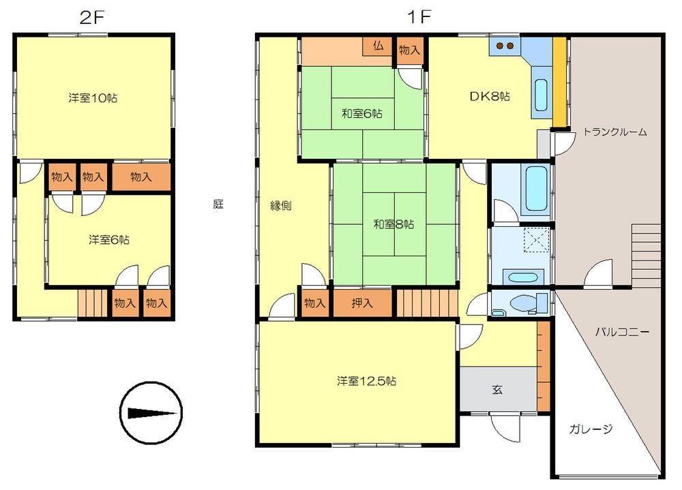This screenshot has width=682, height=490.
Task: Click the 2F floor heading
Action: pos(92,17)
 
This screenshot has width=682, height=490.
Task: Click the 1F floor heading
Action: pos(419,17)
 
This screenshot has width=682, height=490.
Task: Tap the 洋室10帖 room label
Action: pos(93,98)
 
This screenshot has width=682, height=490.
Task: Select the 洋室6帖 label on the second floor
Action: pos(108,240)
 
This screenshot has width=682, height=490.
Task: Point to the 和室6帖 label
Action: pos(362,114)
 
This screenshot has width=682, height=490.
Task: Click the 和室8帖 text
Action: pos(394,224)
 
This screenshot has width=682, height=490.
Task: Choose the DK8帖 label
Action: pos(490,96)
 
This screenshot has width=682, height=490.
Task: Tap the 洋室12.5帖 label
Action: pos(366,382)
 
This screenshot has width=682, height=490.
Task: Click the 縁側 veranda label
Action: pos(280,206)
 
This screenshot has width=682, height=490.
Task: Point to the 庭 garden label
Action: pos(218,204)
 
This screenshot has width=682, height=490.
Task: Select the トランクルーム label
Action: pos(614,132)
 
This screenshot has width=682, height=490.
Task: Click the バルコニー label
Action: pos(622,333)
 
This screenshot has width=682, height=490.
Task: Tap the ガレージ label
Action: pos(591,429)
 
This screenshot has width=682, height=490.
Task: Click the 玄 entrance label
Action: pos(498,390)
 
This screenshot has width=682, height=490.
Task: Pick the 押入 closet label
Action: pos(362,303)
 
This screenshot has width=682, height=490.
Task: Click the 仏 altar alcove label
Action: pos(378,46)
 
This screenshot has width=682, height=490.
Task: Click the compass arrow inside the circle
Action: pos(152,413)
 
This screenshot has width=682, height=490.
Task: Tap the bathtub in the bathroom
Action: pos(536,188)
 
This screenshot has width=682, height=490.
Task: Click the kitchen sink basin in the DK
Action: pos(541,95)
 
